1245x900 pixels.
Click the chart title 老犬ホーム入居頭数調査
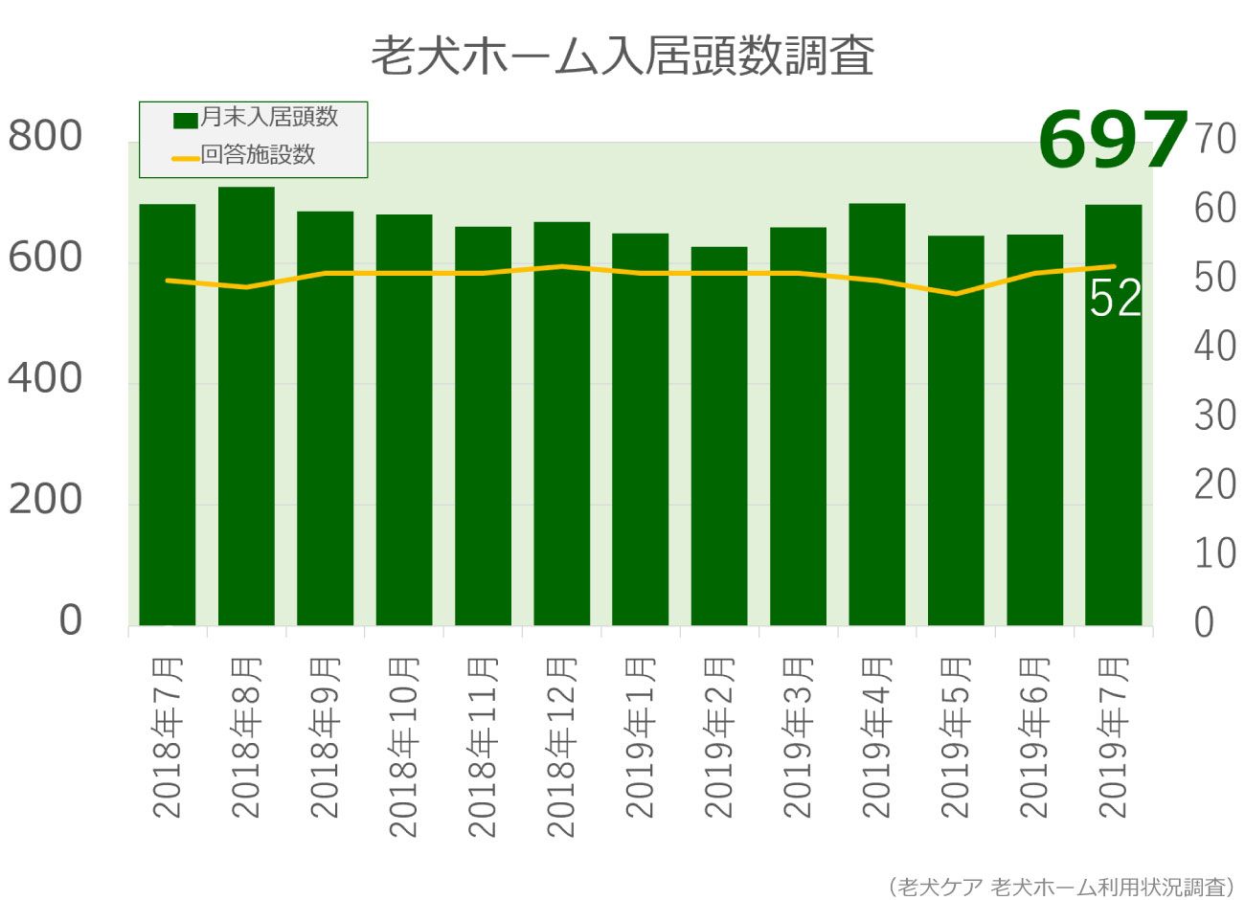[x=622, y=56]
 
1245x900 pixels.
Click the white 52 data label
[x=1116, y=299]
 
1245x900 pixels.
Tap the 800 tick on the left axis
[x=46, y=136]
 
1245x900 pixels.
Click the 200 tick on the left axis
[x=46, y=499]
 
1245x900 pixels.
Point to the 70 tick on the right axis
[x=1215, y=140]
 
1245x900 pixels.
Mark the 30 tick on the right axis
[x=1215, y=416]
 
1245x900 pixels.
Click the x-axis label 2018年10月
[x=404, y=747]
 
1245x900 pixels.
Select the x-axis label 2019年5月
[x=956, y=737]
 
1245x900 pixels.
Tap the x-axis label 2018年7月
[x=168, y=737]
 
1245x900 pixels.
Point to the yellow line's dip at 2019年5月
[x=956, y=293]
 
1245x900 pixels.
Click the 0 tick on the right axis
[x=1204, y=622]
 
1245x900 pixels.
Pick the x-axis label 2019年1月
[x=641, y=737]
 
